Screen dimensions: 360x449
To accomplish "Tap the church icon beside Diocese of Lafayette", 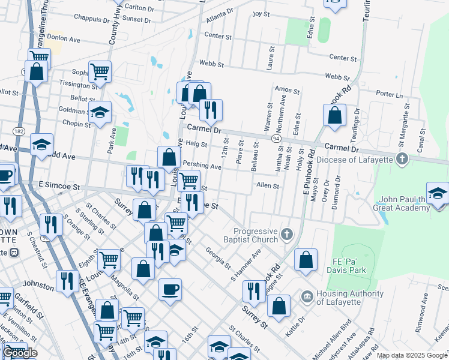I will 402,159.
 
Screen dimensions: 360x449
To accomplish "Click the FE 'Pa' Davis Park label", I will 358,266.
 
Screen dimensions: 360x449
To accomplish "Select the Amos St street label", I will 286,90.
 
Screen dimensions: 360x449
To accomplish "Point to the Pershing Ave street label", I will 202,165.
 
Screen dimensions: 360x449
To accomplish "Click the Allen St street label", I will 268,186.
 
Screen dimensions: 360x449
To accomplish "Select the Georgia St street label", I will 218,258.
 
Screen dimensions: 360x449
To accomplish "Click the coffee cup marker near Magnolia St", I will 170,289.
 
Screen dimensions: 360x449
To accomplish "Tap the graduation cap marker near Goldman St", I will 100,112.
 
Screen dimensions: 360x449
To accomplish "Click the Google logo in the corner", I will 19,353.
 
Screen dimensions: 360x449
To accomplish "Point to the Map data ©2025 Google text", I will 412,355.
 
